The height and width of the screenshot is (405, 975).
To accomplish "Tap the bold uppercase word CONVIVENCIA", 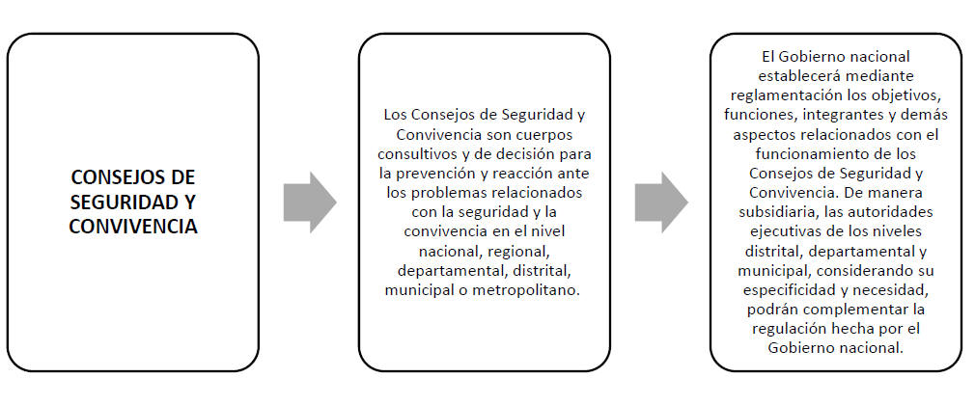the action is tap(133, 227).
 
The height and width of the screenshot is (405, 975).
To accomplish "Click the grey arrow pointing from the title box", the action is tap(310, 202).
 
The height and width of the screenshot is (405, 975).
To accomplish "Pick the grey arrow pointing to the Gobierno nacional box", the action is tap(661, 202).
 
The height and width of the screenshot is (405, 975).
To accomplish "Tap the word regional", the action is tap(517, 251).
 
